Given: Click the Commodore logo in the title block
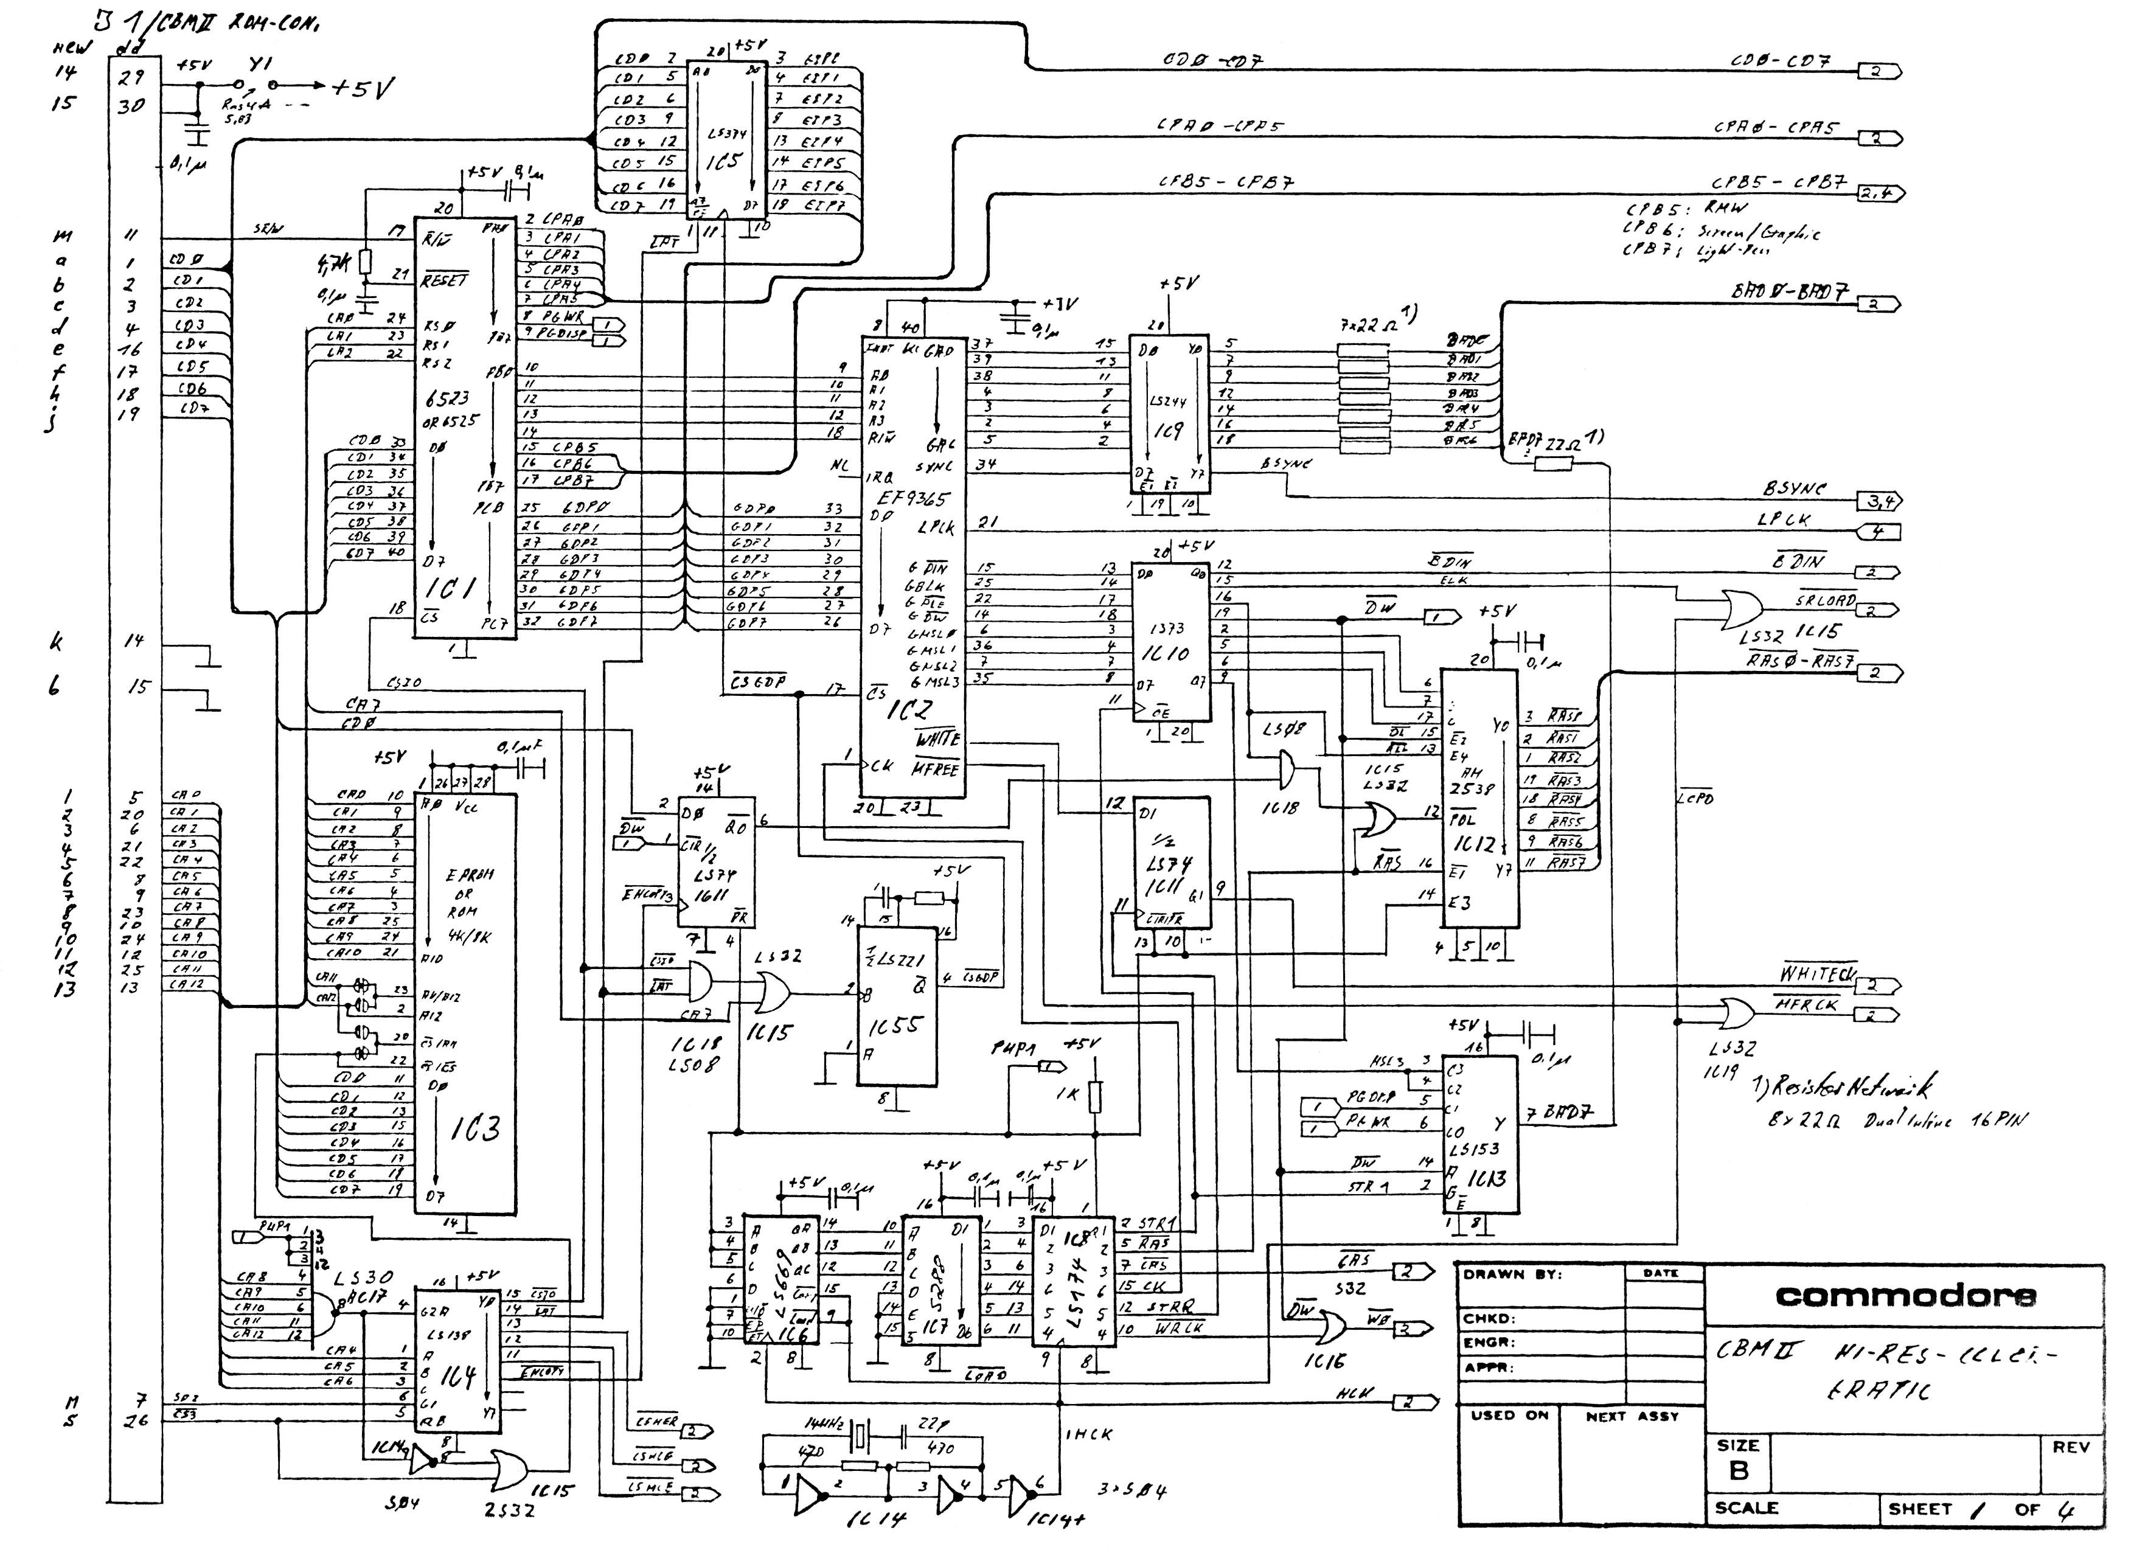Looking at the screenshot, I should tap(1905, 1297).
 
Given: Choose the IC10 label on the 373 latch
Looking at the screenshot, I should tap(1170, 652).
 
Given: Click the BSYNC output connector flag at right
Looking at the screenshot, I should tap(1878, 501).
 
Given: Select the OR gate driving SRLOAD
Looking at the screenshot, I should tap(1740, 610).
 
